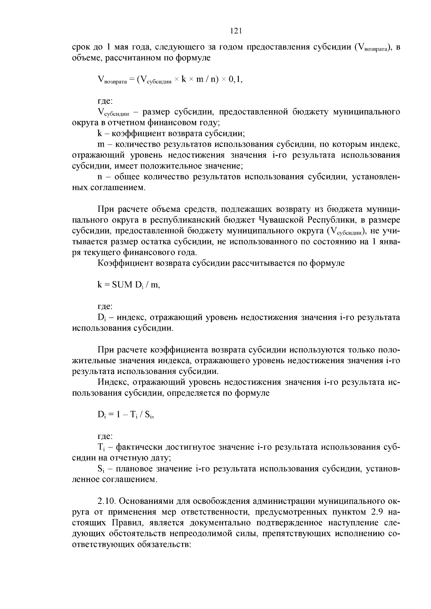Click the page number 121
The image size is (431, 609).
click(x=236, y=31)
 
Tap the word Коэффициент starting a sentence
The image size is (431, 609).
click(x=125, y=263)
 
